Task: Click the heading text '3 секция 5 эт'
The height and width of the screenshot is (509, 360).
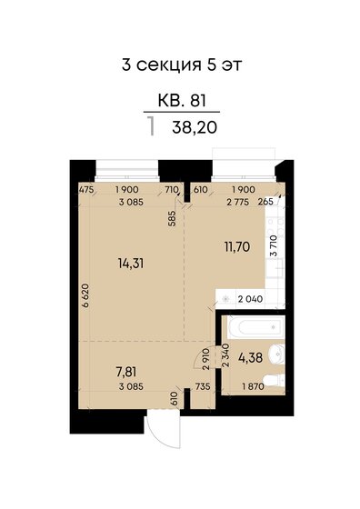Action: point(182,65)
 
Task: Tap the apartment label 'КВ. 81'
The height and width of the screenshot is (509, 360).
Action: point(182,100)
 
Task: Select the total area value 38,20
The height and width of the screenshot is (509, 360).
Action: point(195,127)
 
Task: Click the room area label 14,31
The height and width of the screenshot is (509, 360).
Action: point(131,264)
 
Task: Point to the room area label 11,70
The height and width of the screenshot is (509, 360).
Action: point(237,247)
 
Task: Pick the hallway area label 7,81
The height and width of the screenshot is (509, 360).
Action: point(126,372)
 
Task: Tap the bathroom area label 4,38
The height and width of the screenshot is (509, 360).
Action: point(250,358)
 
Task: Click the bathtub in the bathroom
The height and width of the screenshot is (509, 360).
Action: point(255,326)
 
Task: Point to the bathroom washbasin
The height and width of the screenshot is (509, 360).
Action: point(277,354)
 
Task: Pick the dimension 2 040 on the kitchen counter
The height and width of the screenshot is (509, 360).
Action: point(250,299)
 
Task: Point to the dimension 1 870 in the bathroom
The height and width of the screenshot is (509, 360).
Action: point(254,386)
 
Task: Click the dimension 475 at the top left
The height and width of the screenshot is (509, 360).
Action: point(86,190)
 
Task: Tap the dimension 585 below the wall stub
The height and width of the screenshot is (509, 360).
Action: point(173,218)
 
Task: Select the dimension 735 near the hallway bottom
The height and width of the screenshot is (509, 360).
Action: point(203,386)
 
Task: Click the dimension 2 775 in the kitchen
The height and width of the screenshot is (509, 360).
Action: point(238,202)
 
